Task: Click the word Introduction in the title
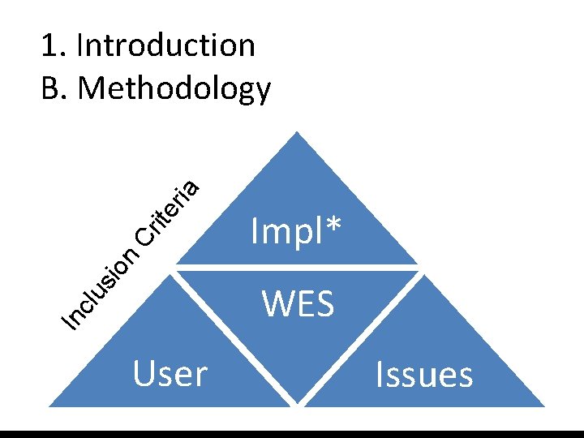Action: (165, 45)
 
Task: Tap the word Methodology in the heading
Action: (175, 88)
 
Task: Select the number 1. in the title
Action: (53, 45)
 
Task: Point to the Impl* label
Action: (297, 233)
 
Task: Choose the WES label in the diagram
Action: (298, 305)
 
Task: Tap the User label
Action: (170, 374)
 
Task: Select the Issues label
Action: (424, 376)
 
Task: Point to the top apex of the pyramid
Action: (298, 133)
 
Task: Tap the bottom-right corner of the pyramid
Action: (544, 405)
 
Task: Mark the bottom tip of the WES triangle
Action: (298, 403)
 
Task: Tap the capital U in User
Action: (144, 374)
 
